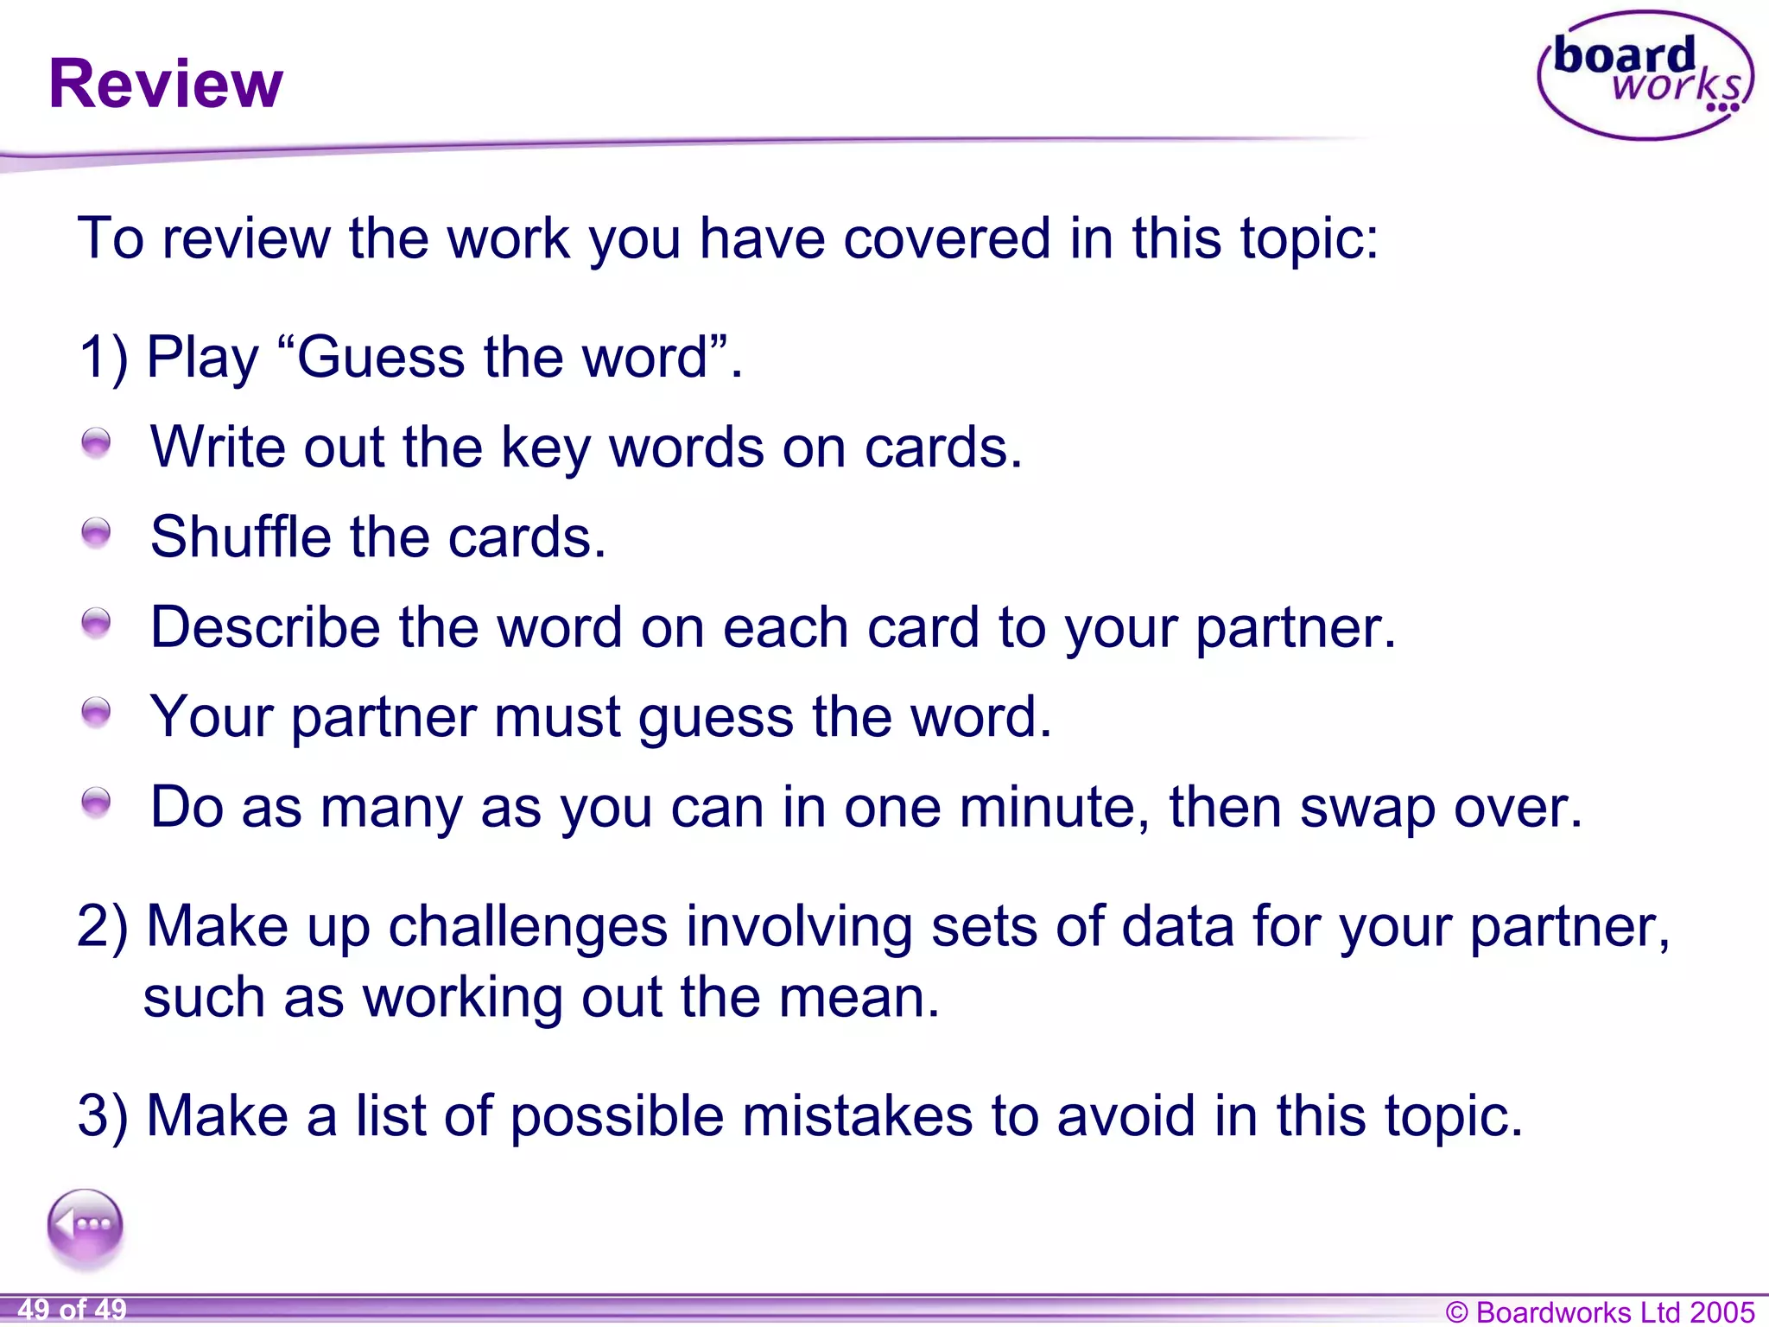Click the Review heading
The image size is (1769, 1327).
tap(166, 84)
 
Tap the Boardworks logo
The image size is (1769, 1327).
tap(1645, 76)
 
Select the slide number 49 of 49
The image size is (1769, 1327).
tap(73, 1310)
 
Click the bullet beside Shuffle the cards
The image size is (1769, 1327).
tap(96, 532)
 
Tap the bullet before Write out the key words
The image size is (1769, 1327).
tap(96, 442)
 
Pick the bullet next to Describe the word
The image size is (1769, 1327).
tap(96, 622)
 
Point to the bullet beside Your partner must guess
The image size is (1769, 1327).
tap(96, 712)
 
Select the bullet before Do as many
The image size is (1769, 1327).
tap(96, 802)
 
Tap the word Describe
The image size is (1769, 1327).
tap(265, 626)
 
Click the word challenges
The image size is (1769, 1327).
tap(528, 926)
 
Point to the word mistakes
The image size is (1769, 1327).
tap(857, 1115)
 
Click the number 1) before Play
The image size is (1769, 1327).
tap(104, 357)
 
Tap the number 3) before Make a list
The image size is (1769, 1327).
tap(104, 1115)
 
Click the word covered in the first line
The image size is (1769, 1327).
tap(947, 238)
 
